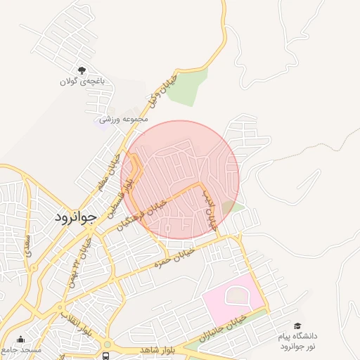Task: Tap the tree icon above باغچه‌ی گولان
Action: (82, 70)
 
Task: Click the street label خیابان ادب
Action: (210, 210)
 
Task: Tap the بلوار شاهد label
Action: (146, 349)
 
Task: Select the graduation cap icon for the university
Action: (299, 326)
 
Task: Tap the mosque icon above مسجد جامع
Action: (20, 338)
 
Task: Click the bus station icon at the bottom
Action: (105, 356)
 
